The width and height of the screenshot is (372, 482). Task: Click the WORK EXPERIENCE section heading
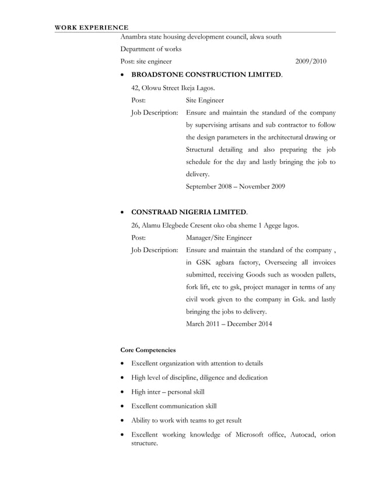pos(92,27)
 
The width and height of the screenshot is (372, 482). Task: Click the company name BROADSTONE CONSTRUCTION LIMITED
pos(206,75)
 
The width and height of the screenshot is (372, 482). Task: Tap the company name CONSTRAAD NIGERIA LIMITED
pos(189,212)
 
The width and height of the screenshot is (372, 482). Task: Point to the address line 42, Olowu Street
pos(173,88)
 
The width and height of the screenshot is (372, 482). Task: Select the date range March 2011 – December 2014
pos(228,324)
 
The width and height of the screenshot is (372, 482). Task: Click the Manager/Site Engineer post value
pos(219,237)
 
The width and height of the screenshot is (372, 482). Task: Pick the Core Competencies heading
pos(148,350)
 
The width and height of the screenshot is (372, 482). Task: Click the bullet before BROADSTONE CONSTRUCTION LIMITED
pos(122,76)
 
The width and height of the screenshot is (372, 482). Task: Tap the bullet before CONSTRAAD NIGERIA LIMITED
pos(122,212)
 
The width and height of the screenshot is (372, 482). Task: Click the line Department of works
pos(150,49)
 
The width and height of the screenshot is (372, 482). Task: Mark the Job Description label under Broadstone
pos(155,113)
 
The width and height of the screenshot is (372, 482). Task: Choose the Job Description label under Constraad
pos(155,250)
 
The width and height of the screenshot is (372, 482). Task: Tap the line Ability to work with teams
pos(186,420)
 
